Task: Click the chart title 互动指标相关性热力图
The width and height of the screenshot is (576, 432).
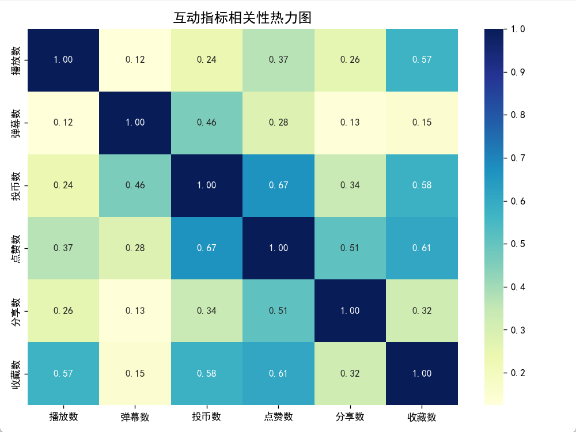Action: (x=242, y=18)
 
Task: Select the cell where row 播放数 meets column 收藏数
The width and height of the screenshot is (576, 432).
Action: (x=422, y=59)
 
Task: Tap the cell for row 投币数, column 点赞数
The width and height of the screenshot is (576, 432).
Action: (x=279, y=185)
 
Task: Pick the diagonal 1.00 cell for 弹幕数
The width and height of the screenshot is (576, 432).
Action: (x=135, y=122)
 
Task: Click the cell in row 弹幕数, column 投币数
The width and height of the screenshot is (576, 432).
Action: (x=207, y=122)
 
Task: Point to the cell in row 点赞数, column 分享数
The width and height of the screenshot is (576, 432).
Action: (x=350, y=248)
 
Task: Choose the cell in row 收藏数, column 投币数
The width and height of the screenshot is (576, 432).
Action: (x=207, y=373)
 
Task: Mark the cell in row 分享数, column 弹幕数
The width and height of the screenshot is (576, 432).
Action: (x=135, y=310)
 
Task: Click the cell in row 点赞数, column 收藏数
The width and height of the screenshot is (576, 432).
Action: (x=422, y=248)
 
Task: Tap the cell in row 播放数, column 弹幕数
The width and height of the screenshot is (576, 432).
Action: (x=135, y=59)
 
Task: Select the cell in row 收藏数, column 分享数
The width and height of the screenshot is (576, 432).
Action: (x=350, y=373)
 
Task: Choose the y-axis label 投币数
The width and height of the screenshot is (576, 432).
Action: (x=17, y=185)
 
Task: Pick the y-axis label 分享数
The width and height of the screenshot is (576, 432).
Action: (x=17, y=310)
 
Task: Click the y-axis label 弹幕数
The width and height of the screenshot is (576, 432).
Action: (x=17, y=122)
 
